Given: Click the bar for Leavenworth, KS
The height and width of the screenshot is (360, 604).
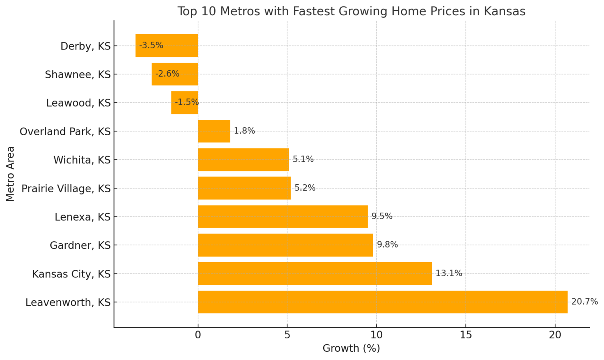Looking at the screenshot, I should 382,302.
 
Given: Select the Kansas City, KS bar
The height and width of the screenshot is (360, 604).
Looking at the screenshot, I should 315,274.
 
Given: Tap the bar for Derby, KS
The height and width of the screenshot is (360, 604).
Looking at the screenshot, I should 167,46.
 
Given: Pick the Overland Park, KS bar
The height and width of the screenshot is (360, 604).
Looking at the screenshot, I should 214,131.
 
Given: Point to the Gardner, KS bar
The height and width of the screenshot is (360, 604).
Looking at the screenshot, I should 285,245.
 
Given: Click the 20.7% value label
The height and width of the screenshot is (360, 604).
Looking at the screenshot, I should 584,302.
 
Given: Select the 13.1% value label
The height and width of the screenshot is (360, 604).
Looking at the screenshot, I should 449,274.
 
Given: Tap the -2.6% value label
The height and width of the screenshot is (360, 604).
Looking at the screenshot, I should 167,74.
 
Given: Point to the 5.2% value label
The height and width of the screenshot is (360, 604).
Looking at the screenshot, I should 305,188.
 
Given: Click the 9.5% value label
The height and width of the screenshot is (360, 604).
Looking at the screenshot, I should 382,216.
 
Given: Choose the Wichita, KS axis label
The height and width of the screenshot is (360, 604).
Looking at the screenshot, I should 82,160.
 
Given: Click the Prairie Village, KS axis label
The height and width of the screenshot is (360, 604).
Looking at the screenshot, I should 66,189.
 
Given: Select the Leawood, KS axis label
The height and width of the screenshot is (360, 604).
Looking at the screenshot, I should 78,103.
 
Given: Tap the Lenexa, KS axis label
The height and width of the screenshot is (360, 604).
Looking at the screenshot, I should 83,217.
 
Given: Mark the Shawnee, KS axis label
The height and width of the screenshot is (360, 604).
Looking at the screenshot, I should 77,74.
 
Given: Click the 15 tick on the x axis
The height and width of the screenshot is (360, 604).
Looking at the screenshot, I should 466,335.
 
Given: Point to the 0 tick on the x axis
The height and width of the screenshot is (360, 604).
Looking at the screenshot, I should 198,335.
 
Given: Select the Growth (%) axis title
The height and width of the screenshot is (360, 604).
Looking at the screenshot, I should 351,348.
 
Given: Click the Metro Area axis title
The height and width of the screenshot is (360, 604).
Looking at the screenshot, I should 10,174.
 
